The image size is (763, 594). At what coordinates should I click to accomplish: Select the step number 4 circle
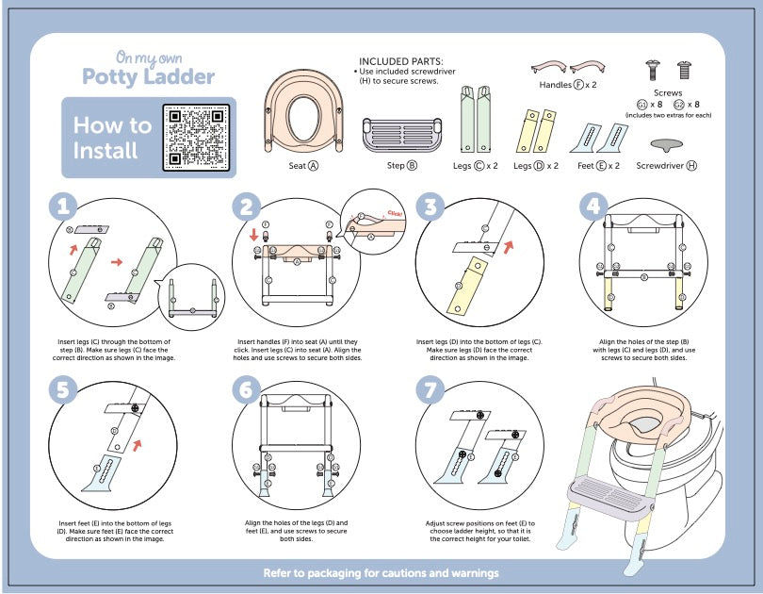pos(593,206)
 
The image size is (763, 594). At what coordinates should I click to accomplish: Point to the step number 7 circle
pos(429,388)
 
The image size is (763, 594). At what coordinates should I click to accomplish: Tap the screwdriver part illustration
pos(667,143)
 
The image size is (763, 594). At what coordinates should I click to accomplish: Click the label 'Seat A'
pos(302,165)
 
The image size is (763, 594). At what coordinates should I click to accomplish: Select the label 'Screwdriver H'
pos(666,165)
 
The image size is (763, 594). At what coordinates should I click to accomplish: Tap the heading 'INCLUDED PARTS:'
pos(402,60)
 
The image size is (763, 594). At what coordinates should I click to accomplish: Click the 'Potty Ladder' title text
pos(148,76)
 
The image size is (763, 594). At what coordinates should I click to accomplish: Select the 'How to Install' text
pos(111,138)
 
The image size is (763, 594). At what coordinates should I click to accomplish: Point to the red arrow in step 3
pos(510,247)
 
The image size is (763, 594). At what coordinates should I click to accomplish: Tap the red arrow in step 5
pos(140,441)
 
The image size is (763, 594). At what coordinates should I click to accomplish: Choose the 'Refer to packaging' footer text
pos(381,572)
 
